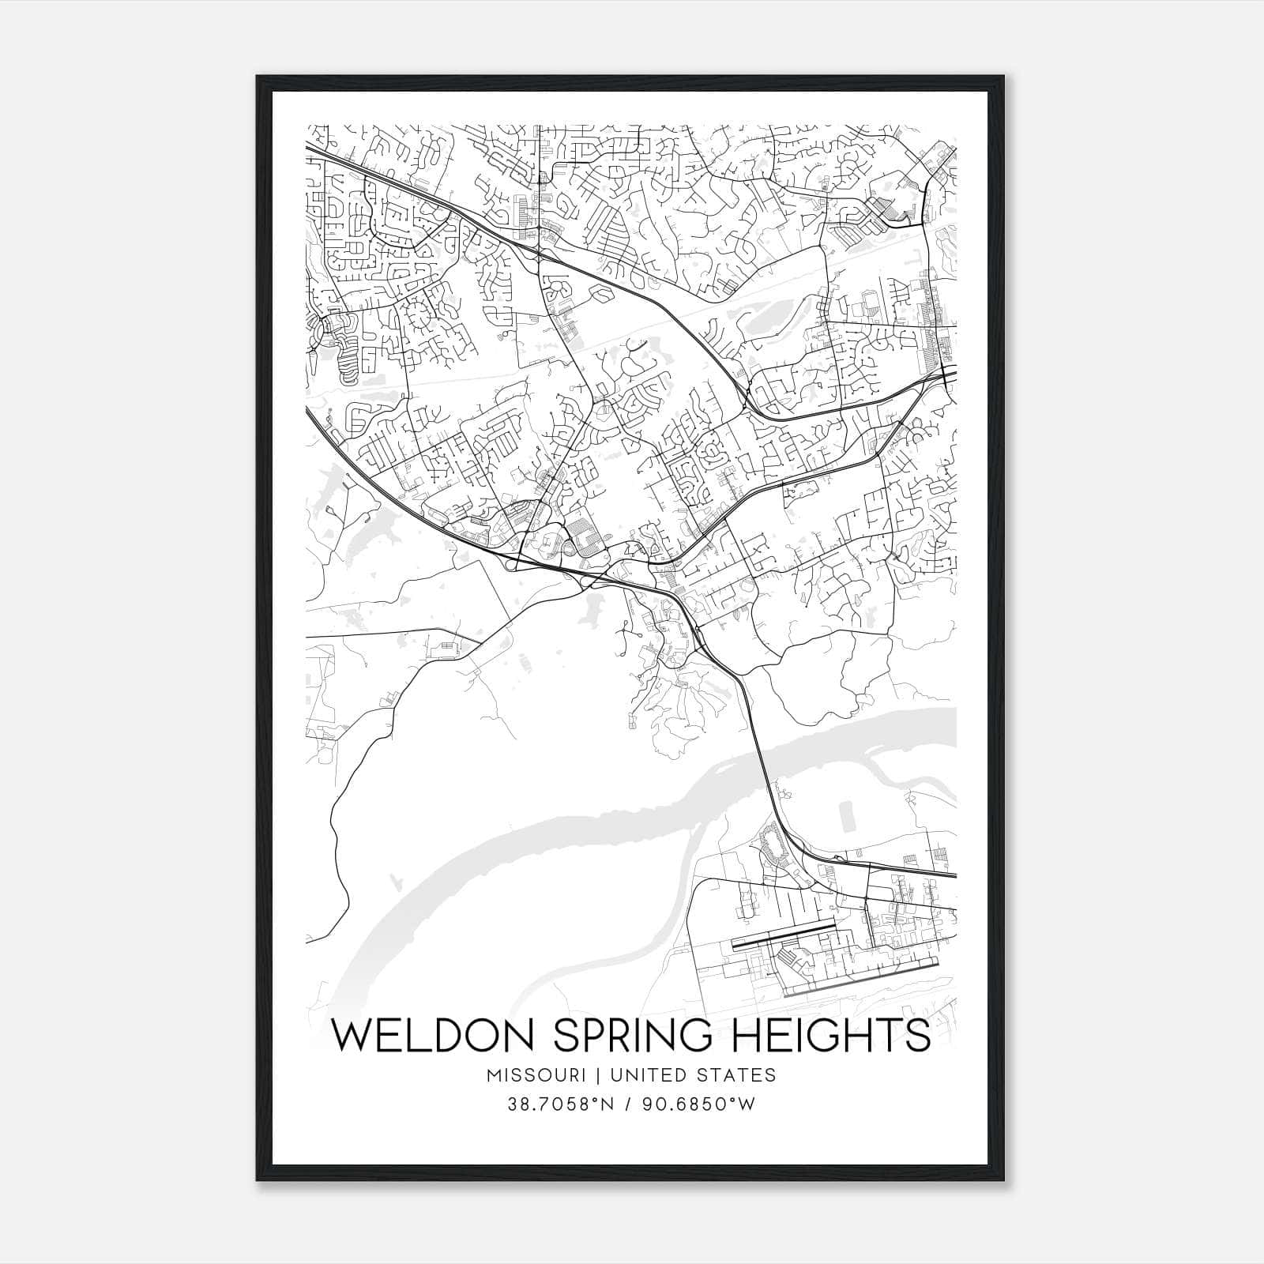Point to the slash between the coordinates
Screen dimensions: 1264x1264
626,1104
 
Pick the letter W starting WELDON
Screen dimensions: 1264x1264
349,1036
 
